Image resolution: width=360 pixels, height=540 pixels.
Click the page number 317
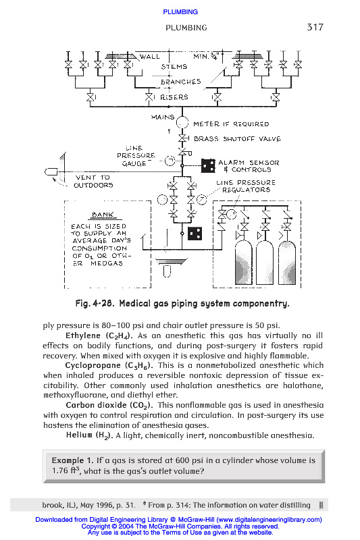coord(315,27)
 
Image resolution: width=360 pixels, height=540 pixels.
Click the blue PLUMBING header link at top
coord(180,12)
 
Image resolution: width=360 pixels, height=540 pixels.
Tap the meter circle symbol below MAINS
coord(182,123)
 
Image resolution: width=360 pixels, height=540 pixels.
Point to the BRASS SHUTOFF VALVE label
coord(237,139)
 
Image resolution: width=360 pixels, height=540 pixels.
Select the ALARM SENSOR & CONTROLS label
coord(249,166)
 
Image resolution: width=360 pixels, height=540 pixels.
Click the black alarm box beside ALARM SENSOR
coord(208,165)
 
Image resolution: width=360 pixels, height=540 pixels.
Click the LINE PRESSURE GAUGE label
coord(136,156)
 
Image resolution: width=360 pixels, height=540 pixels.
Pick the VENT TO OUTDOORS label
coord(93,181)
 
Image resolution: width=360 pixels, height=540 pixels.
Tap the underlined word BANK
coord(103,215)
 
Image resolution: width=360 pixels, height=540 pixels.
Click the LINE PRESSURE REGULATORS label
coord(246,186)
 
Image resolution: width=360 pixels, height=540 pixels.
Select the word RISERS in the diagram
coord(174,97)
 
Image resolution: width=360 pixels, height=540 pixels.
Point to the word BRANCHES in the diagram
coord(180,82)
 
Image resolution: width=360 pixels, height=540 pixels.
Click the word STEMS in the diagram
coord(174,66)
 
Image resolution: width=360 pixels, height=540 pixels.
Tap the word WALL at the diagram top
coord(149,57)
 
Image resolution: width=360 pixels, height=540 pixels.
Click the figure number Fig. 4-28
coord(95,304)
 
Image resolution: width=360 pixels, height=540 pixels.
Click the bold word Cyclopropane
coord(93,365)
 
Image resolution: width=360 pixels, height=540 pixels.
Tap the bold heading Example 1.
coord(73,460)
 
